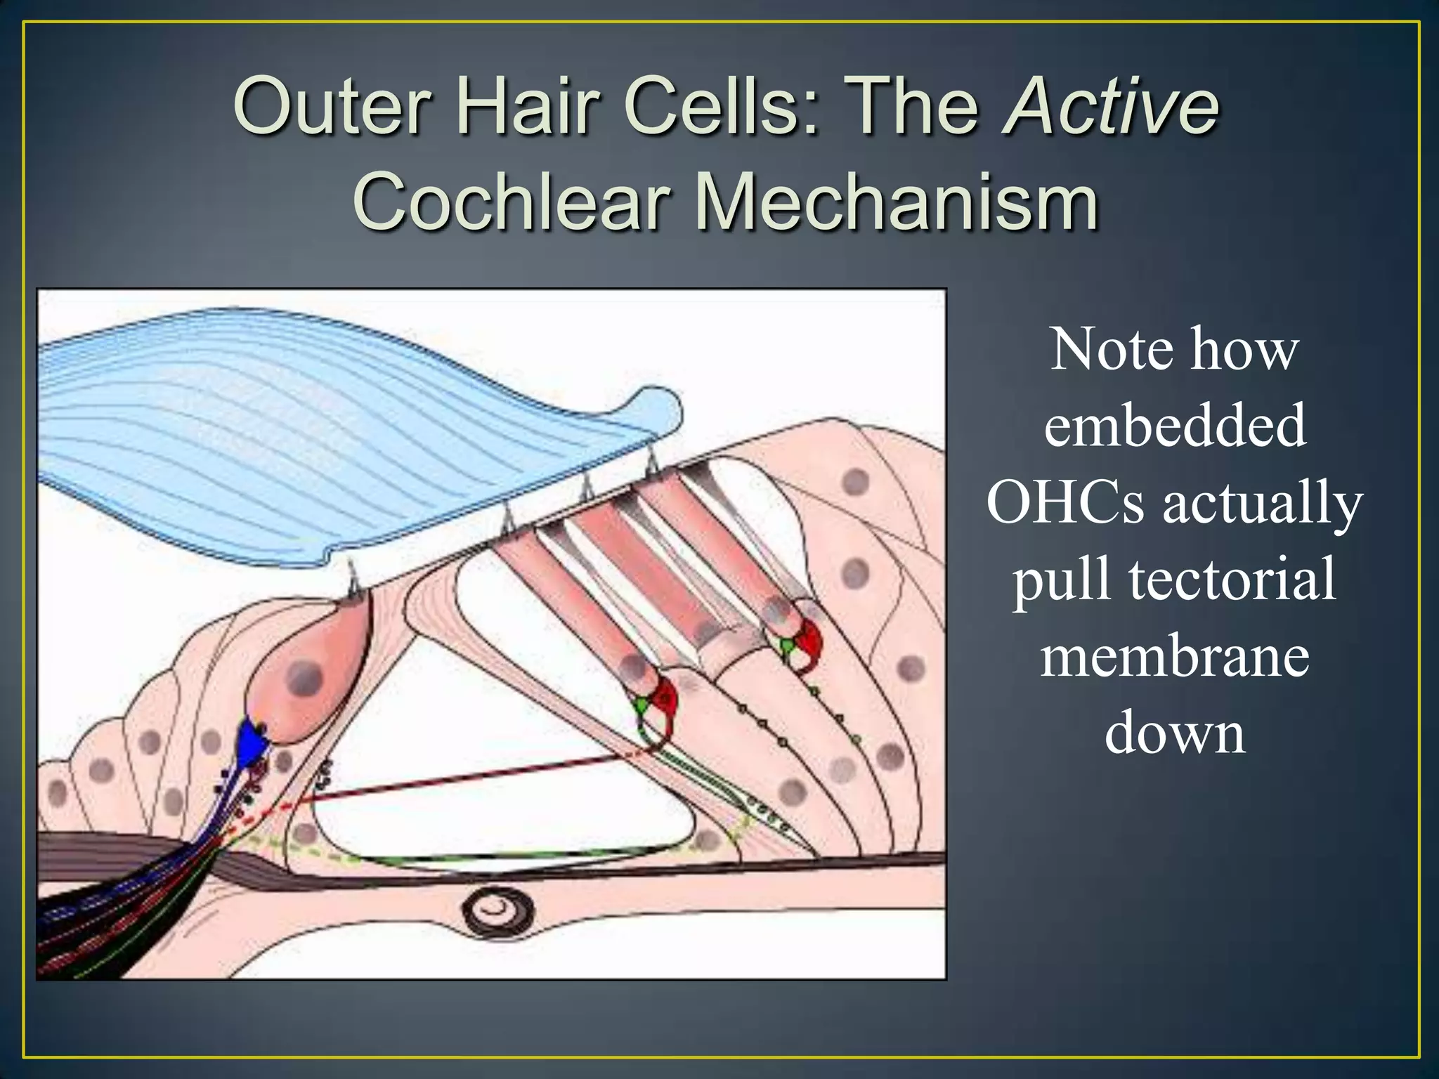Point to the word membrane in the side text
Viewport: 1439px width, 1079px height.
(x=1174, y=657)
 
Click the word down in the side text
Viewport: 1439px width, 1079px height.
(x=1174, y=733)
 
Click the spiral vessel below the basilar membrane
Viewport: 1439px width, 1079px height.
(x=497, y=911)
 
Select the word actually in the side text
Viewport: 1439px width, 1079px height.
(x=1262, y=504)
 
